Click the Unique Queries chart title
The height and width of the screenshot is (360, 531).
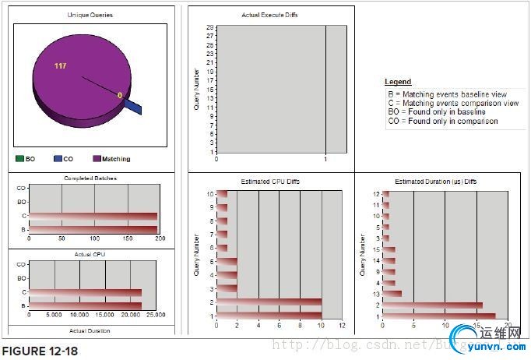tap(90, 15)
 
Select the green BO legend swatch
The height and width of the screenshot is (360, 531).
tap(20, 159)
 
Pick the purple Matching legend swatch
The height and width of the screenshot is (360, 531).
tap(97, 159)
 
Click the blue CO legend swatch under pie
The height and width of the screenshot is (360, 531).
tap(58, 159)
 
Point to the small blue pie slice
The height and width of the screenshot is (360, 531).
tap(133, 105)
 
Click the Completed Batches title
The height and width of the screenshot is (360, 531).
tap(90, 178)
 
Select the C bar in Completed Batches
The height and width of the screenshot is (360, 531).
tap(93, 216)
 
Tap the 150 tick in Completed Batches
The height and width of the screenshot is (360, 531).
tap(126, 238)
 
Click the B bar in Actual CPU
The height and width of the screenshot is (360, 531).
tap(85, 305)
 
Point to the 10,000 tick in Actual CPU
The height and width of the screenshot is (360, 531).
tap(79, 315)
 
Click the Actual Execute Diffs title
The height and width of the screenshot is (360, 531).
tap(270, 15)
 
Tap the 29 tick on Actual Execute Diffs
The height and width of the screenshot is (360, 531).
tap(210, 27)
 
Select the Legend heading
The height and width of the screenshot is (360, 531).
tap(398, 82)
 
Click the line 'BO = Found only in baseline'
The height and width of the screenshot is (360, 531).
tap(437, 111)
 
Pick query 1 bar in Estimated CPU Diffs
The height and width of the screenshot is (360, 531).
tap(269, 316)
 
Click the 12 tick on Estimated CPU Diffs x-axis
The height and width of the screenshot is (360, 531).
tap(342, 325)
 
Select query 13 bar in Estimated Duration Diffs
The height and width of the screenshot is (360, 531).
tap(392, 294)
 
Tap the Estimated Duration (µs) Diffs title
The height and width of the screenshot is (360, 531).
tap(436, 181)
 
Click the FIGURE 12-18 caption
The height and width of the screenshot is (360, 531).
tap(40, 351)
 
